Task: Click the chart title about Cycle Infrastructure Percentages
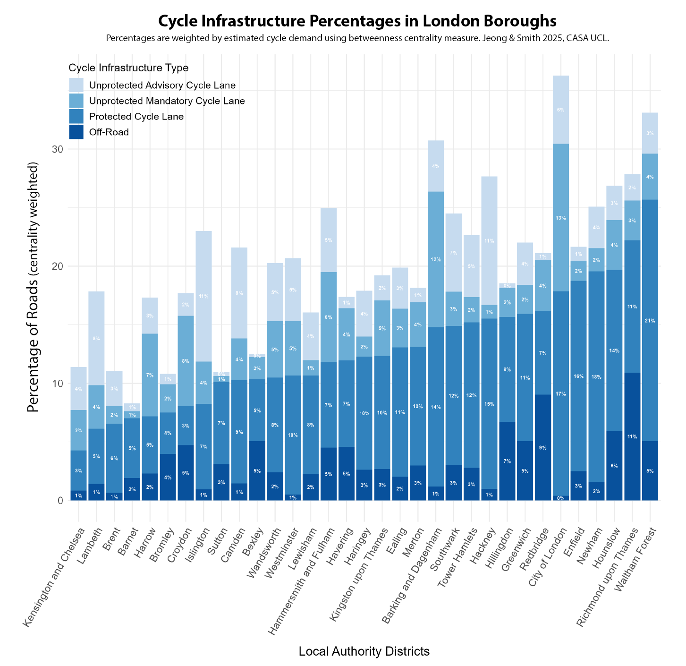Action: coord(357,21)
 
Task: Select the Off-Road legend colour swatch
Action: coord(76,132)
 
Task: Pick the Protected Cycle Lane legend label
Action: coord(136,117)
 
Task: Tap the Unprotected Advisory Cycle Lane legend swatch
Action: coord(76,85)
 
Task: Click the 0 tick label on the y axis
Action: coord(60,501)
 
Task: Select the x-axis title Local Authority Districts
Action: coord(364,652)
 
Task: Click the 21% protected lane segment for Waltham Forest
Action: coord(650,320)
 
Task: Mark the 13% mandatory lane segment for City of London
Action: coord(560,217)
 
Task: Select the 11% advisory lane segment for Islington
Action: coord(203,296)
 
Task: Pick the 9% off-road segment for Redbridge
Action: coord(542,447)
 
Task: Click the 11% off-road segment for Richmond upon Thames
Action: coord(632,436)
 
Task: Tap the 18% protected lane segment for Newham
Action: coord(596,376)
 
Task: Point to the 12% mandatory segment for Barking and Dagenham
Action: coord(435,259)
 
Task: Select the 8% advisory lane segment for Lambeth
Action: coord(96,338)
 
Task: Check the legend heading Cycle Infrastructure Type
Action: coord(128,68)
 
